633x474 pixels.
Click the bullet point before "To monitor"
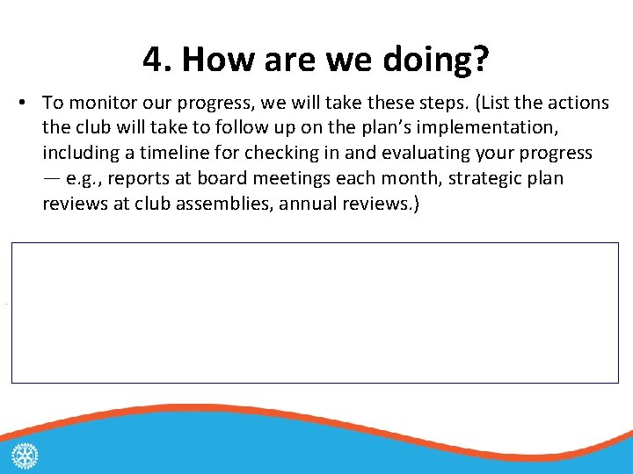pos(21,104)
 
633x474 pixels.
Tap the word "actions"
pos(575,104)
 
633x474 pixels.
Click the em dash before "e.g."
pos(51,179)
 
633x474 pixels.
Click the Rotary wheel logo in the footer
pos(25,456)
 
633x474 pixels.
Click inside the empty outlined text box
pos(315,312)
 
